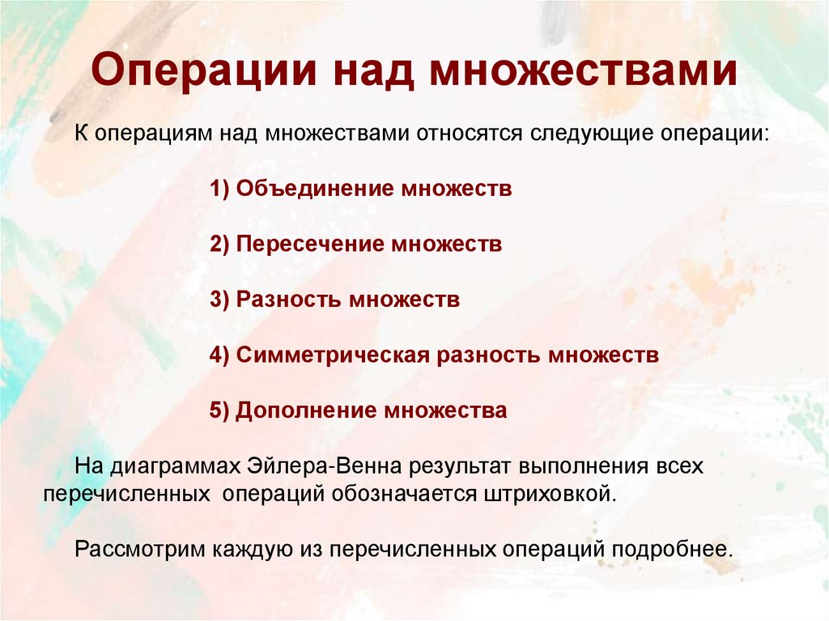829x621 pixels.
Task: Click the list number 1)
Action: tap(220, 189)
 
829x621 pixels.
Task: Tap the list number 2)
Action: tap(220, 245)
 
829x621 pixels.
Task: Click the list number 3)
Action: tap(220, 300)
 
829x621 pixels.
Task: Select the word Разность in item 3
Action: tap(289, 300)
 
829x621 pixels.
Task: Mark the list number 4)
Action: tap(220, 355)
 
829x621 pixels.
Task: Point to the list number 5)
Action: tap(220, 410)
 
